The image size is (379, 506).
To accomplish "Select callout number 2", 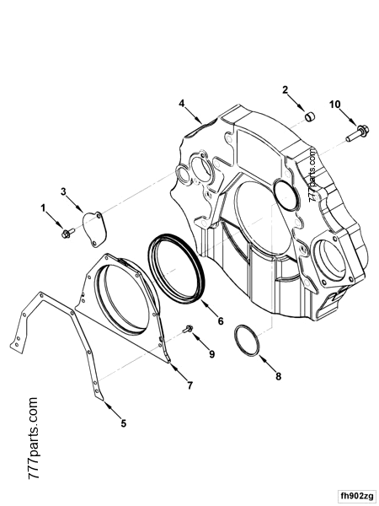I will coord(285,89).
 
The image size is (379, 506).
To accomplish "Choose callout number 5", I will coord(124,423).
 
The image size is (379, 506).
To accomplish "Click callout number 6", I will coord(220,320).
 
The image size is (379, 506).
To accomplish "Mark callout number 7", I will coord(189,385).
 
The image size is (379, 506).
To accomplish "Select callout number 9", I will coord(211,353).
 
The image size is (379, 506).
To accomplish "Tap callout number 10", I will coord(334,104).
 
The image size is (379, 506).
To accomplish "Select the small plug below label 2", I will coord(308,114).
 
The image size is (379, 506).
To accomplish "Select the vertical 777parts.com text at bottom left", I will coord(35,438).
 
